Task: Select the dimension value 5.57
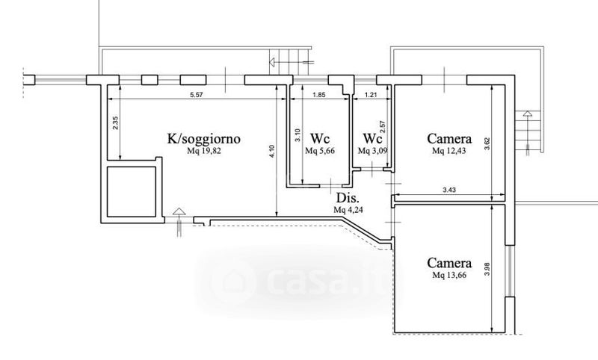click(197, 96)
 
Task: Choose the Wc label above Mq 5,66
click(321, 139)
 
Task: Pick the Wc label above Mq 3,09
click(372, 139)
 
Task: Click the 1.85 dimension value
click(318, 96)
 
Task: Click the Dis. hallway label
click(348, 199)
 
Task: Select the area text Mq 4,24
click(348, 211)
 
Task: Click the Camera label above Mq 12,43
click(449, 139)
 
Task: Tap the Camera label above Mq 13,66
click(449, 263)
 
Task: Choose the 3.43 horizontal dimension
click(449, 191)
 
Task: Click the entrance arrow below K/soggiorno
click(179, 219)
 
